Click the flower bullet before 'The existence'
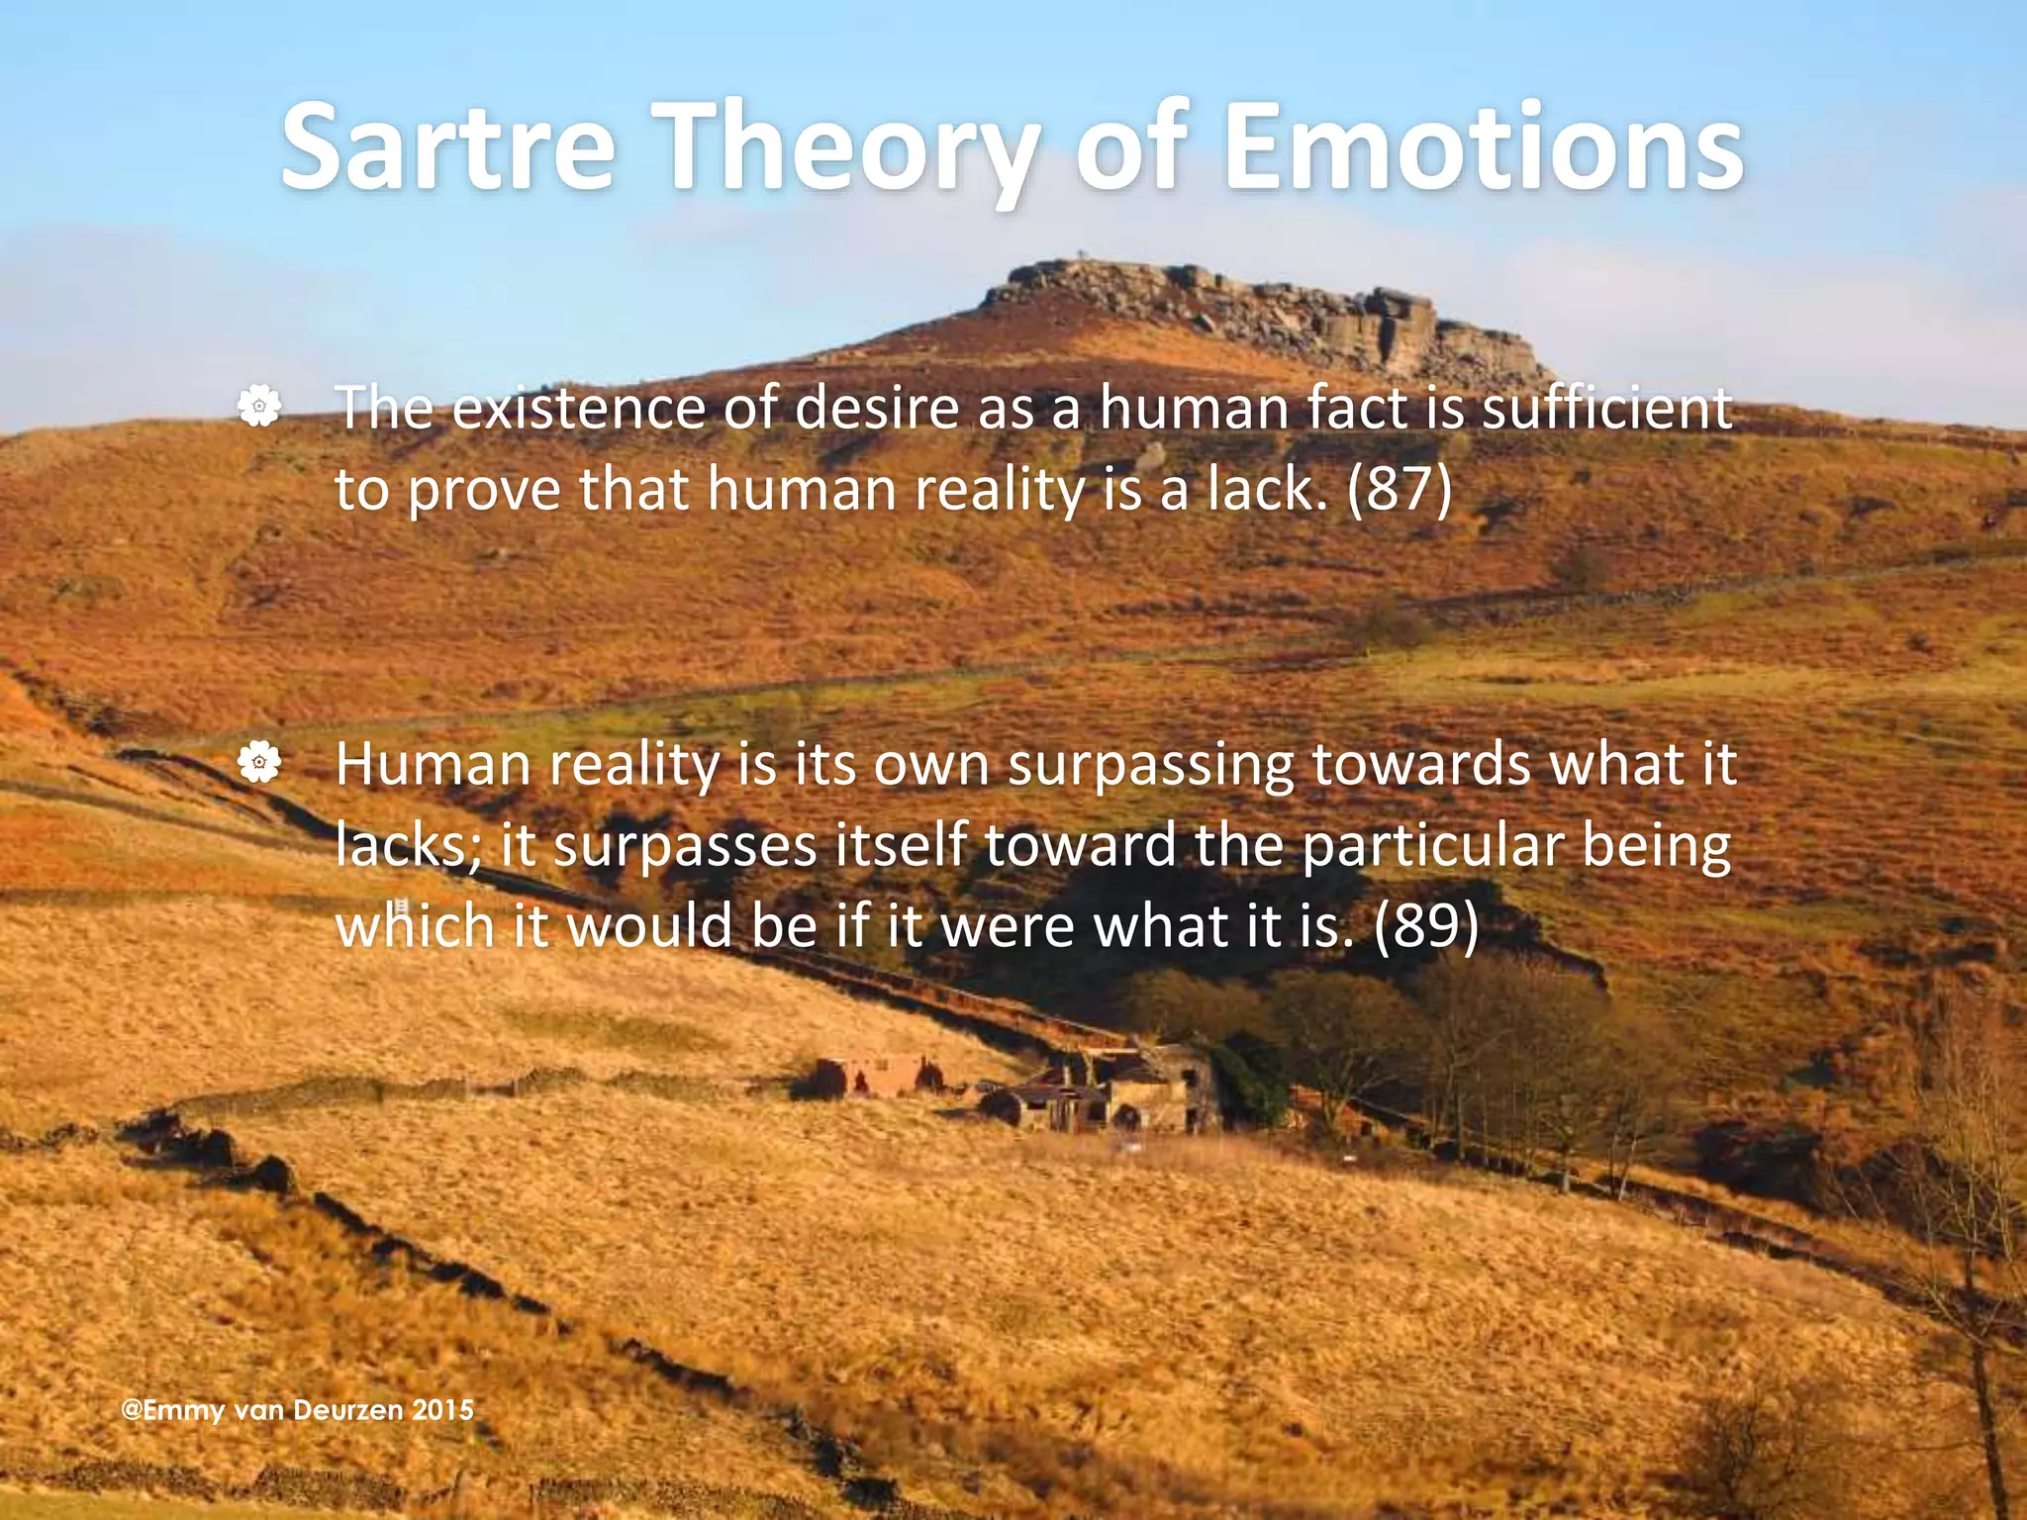(x=259, y=407)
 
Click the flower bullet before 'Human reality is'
(x=259, y=763)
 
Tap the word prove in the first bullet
(x=484, y=490)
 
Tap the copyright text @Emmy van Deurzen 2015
(x=297, y=1409)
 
